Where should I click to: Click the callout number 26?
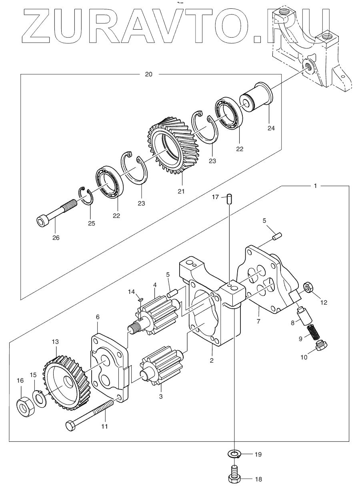56,238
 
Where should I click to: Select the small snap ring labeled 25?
86,196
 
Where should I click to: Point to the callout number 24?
271,128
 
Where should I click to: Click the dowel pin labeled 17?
229,199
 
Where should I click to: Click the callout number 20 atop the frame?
148,74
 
